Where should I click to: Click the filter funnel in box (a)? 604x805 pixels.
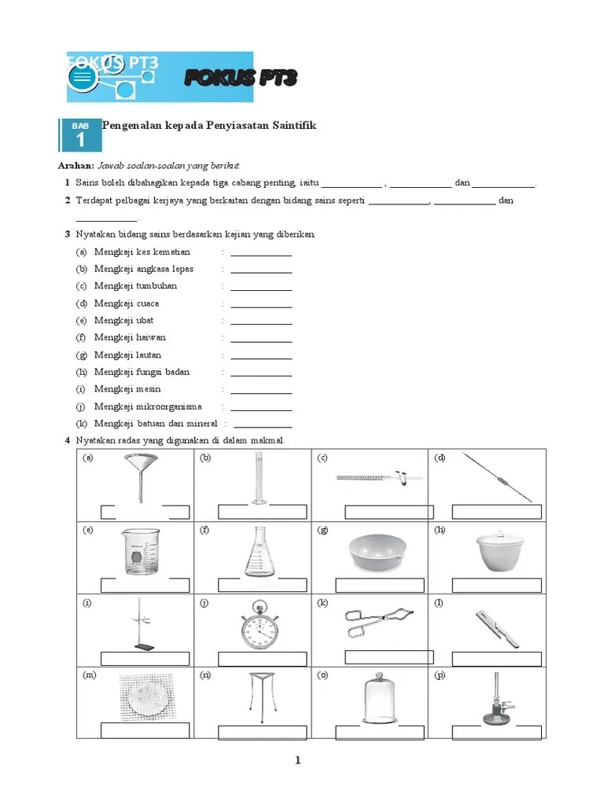coord(141,472)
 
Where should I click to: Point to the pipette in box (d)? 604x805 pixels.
coord(497,476)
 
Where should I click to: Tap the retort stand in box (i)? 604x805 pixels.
coord(139,624)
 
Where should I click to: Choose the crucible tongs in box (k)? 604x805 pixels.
coord(376,623)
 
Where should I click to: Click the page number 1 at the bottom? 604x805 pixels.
coord(298,760)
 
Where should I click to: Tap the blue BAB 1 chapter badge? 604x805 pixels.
coord(80,135)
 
